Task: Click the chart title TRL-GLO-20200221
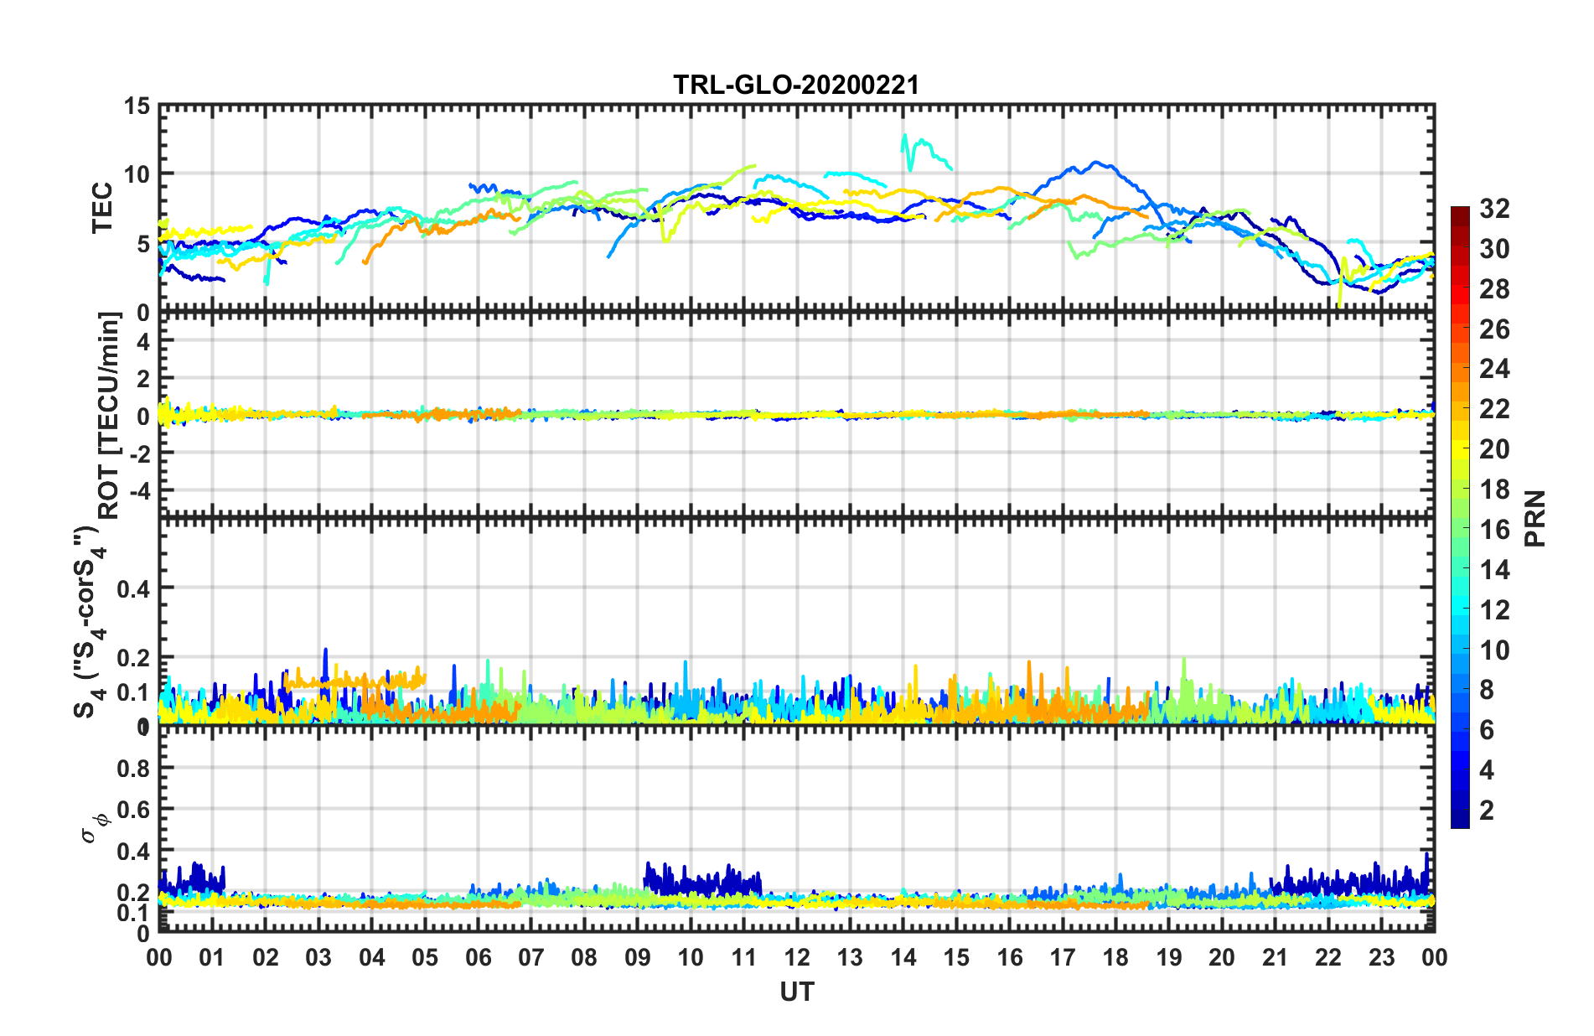click(x=796, y=85)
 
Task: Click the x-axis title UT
click(x=796, y=992)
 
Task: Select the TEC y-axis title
click(x=102, y=208)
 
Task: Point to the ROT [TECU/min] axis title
click(x=110, y=415)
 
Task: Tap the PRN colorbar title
click(x=1535, y=519)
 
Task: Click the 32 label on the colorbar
click(x=1494, y=209)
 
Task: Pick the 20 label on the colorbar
click(x=1494, y=449)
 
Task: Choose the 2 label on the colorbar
click(x=1487, y=811)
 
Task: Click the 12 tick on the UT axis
click(x=797, y=957)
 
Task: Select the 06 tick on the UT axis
click(x=478, y=957)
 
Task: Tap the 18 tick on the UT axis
click(x=1115, y=957)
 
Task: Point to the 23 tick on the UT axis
click(x=1381, y=957)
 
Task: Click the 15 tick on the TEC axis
click(x=137, y=106)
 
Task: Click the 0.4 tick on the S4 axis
click(x=133, y=588)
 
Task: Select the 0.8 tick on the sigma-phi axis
click(x=133, y=769)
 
